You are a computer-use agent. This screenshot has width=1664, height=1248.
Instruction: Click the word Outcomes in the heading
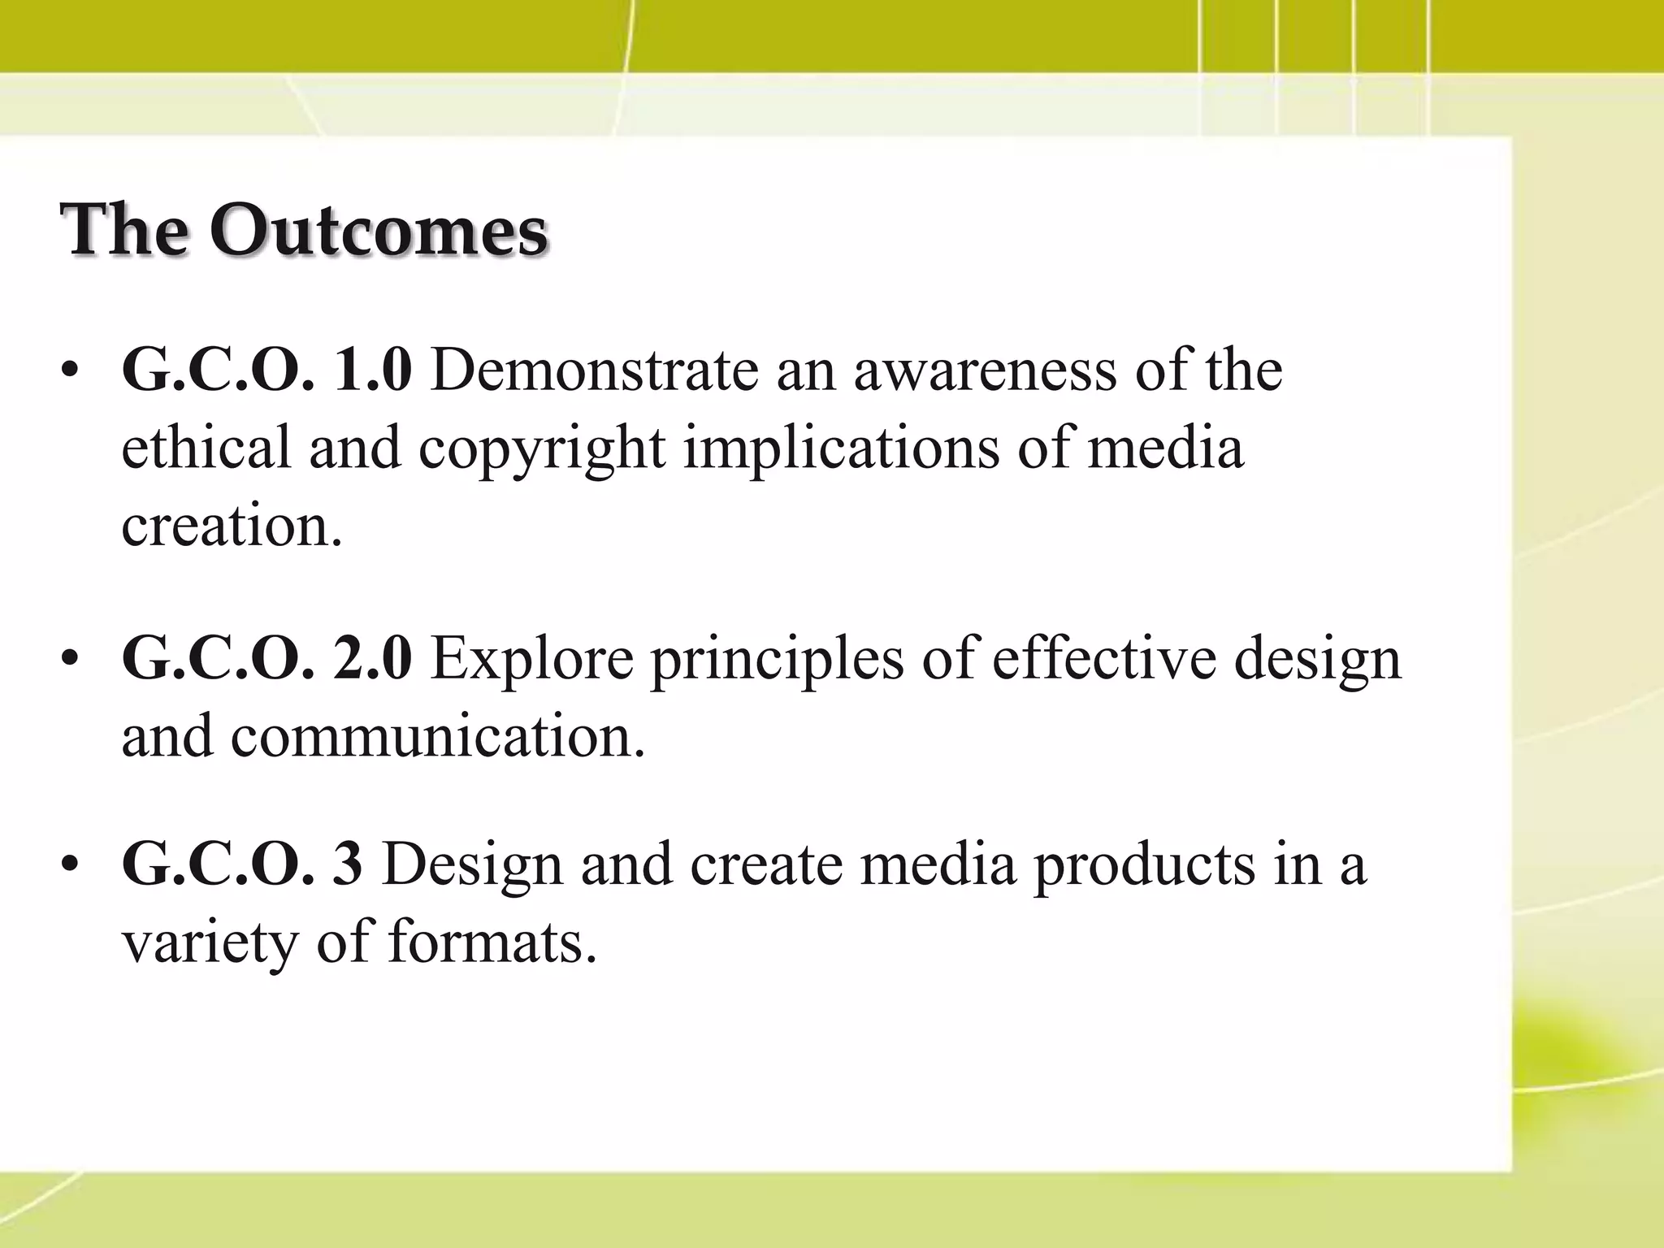379,231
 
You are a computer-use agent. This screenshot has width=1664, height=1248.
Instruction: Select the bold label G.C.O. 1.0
266,370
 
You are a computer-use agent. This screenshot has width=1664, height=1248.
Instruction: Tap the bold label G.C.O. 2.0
266,658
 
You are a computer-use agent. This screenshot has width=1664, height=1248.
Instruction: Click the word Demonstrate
593,370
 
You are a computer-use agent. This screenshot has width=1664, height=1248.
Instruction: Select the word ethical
206,448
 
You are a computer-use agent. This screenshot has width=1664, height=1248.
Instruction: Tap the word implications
841,449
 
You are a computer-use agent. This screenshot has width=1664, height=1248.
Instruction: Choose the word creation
231,526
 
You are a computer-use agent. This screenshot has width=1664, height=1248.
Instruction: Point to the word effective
1105,658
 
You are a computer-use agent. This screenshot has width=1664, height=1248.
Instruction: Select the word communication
437,736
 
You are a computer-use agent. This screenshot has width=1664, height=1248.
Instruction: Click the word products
1143,866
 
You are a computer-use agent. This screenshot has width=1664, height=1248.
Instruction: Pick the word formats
492,942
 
